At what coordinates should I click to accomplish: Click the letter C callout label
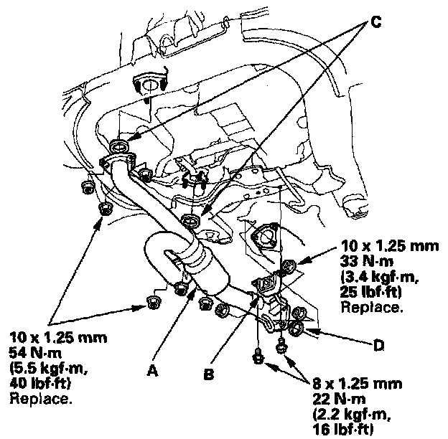(x=375, y=22)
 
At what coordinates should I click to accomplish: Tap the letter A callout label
(x=151, y=370)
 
